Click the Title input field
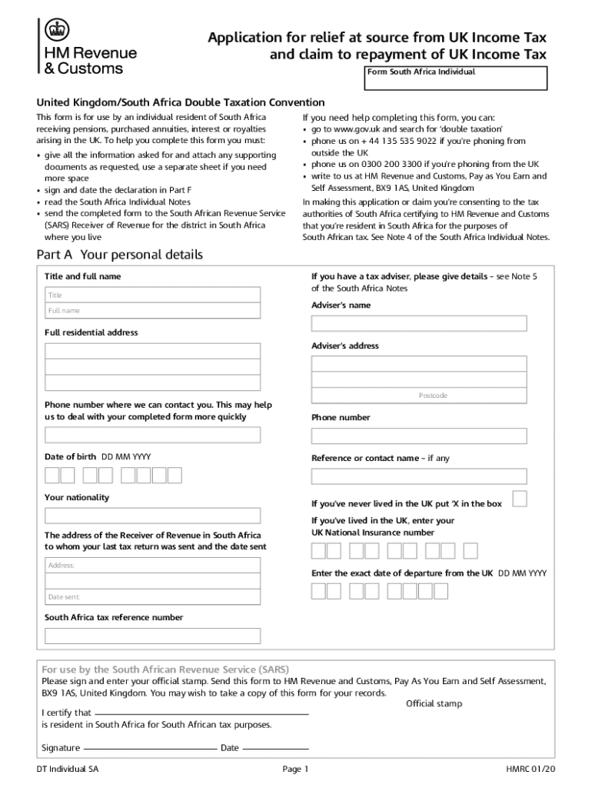click(x=152, y=295)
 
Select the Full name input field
click(x=152, y=311)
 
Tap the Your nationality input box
click(x=152, y=516)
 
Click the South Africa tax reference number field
click(x=152, y=636)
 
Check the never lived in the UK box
click(x=520, y=499)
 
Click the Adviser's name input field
click(x=418, y=323)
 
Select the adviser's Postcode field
click(x=418, y=396)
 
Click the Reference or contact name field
click(x=418, y=476)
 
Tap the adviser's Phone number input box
click(x=418, y=436)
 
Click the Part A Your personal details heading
click(x=120, y=255)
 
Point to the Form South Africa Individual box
click(x=456, y=78)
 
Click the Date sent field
click(x=152, y=597)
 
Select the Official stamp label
click(x=434, y=703)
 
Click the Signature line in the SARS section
click(x=149, y=748)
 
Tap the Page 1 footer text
click(x=295, y=769)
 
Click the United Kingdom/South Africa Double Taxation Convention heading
click(x=181, y=102)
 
